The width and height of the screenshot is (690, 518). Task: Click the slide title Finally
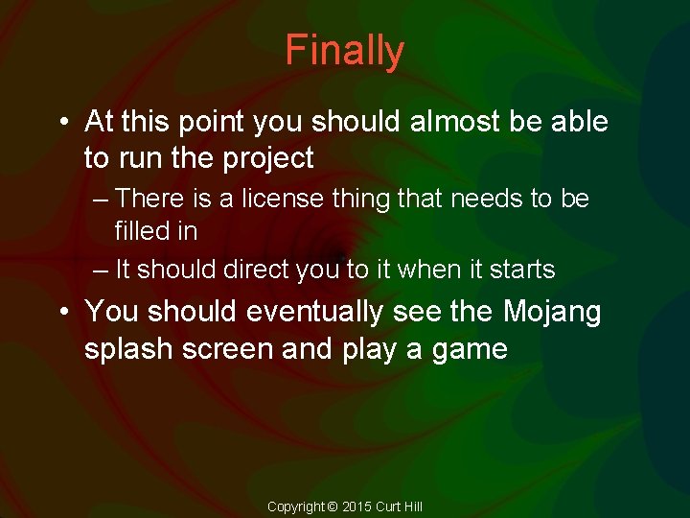pos(344,51)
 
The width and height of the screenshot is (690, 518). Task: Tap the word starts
pos(523,270)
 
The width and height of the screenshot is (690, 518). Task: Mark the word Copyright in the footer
pos(295,506)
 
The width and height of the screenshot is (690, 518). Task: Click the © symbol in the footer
pos(333,506)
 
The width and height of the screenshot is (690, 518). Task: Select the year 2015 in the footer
pos(357,506)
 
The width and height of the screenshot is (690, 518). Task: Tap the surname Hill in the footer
pos(411,506)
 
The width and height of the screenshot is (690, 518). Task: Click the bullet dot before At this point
pos(62,123)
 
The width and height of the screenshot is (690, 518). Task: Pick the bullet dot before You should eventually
pos(62,313)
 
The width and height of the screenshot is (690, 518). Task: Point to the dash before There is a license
pos(102,200)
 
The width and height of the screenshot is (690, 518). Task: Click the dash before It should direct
pos(102,271)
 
